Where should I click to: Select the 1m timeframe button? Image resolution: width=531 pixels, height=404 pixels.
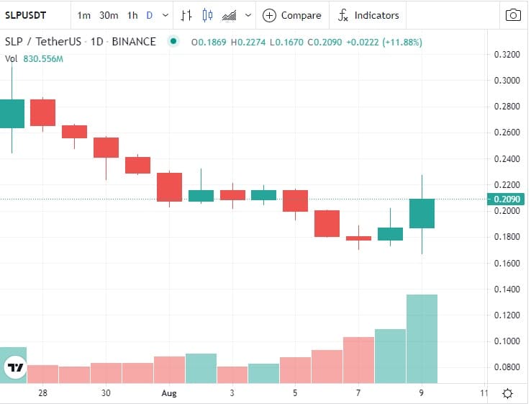pos(84,15)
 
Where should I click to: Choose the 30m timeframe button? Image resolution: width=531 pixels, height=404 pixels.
pos(109,15)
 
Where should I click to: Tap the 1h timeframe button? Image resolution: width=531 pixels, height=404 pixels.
pos(132,15)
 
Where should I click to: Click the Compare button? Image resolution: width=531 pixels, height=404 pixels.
pos(292,15)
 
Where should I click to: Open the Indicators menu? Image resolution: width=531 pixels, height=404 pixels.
pos(368,15)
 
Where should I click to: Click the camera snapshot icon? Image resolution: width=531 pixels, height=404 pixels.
pos(513,15)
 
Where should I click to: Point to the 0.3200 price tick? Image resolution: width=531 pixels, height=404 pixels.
pos(508,54)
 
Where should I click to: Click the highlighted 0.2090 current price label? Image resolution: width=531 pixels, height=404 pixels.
pos(507,199)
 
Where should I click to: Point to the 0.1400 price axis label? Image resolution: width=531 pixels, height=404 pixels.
pos(508,289)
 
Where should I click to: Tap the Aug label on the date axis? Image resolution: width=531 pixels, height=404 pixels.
pos(169,393)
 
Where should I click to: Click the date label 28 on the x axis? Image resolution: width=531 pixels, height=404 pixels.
pos(43,393)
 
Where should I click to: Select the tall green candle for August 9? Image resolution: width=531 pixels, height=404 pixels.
pos(422,213)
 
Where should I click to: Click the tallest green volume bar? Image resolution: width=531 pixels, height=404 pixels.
pos(422,338)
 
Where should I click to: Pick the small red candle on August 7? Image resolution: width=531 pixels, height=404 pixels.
pos(358,238)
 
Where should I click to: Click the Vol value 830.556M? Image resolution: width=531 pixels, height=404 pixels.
pos(44,58)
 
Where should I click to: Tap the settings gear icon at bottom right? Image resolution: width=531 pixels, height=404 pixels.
pos(507,393)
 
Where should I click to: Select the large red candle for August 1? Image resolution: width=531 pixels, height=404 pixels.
pos(170,187)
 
